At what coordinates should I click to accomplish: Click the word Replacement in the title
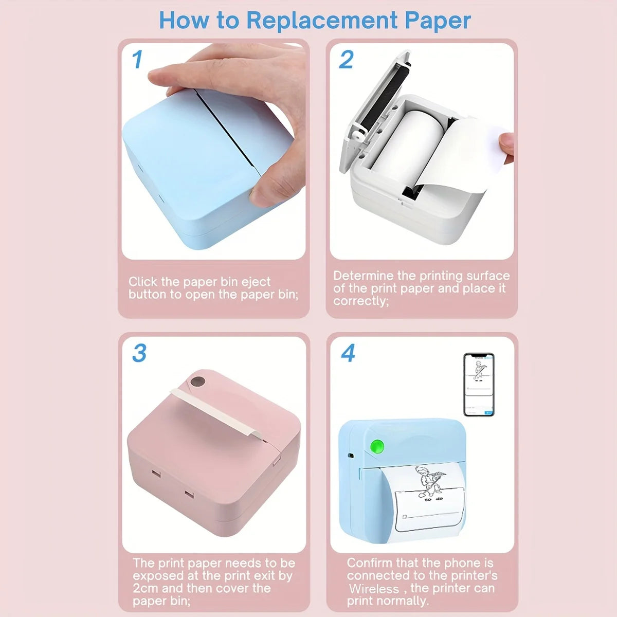(322, 21)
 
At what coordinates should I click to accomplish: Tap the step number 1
(137, 60)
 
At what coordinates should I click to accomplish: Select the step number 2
(346, 60)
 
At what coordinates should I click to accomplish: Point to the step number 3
(139, 354)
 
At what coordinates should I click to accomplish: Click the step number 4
(348, 354)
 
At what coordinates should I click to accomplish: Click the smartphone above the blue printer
(479, 384)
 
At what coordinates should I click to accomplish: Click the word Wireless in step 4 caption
(374, 589)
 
